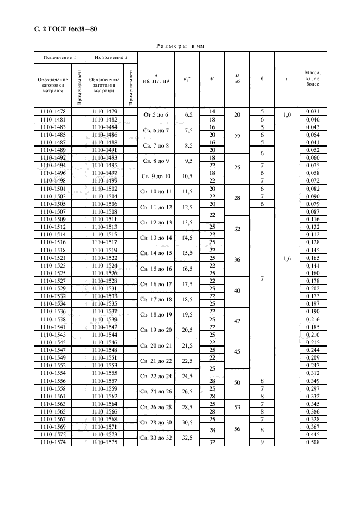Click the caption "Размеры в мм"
click(180, 46)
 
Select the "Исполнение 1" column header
click(60, 57)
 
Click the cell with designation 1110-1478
click(53, 112)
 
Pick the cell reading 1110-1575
click(104, 443)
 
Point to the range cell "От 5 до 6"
click(156, 116)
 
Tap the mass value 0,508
click(313, 443)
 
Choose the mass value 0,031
click(313, 112)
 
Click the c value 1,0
click(287, 116)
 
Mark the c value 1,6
click(287, 259)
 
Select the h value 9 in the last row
click(262, 443)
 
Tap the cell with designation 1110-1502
click(104, 188)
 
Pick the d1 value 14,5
click(190, 238)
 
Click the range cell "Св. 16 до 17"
click(156, 284)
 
